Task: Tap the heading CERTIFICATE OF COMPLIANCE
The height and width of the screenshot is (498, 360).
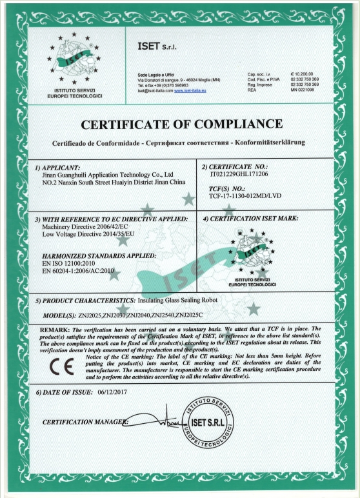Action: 180,123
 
